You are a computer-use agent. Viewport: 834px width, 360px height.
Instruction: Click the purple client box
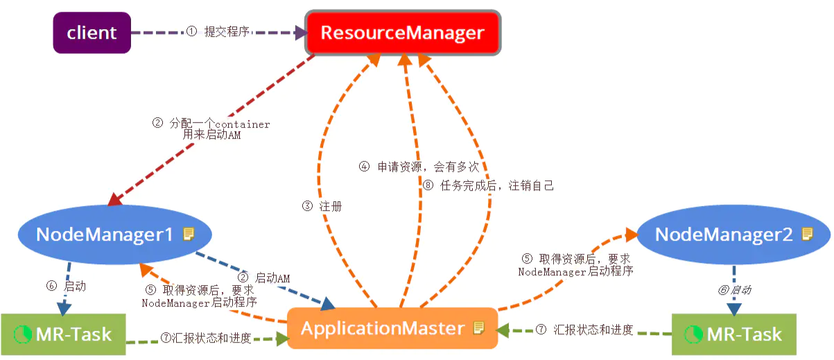pos(92,33)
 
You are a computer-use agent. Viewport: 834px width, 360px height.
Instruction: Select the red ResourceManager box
pos(403,33)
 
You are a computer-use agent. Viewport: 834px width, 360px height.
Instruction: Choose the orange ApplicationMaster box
pos(393,328)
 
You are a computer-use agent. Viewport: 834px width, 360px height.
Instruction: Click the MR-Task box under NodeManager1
pos(64,334)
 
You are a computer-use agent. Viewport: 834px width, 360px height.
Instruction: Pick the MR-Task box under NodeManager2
pos(734,334)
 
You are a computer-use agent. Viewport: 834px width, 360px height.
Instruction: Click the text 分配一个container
pos(211,123)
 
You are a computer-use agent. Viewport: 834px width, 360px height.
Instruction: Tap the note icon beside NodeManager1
pos(188,234)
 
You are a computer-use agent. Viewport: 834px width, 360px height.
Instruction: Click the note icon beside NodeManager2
pos(807,234)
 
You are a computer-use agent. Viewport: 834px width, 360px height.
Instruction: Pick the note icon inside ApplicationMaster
pos(478,328)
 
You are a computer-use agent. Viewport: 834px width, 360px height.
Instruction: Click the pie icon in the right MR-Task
pos(693,334)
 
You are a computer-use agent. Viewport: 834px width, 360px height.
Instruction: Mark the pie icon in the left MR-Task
pos(23,334)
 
